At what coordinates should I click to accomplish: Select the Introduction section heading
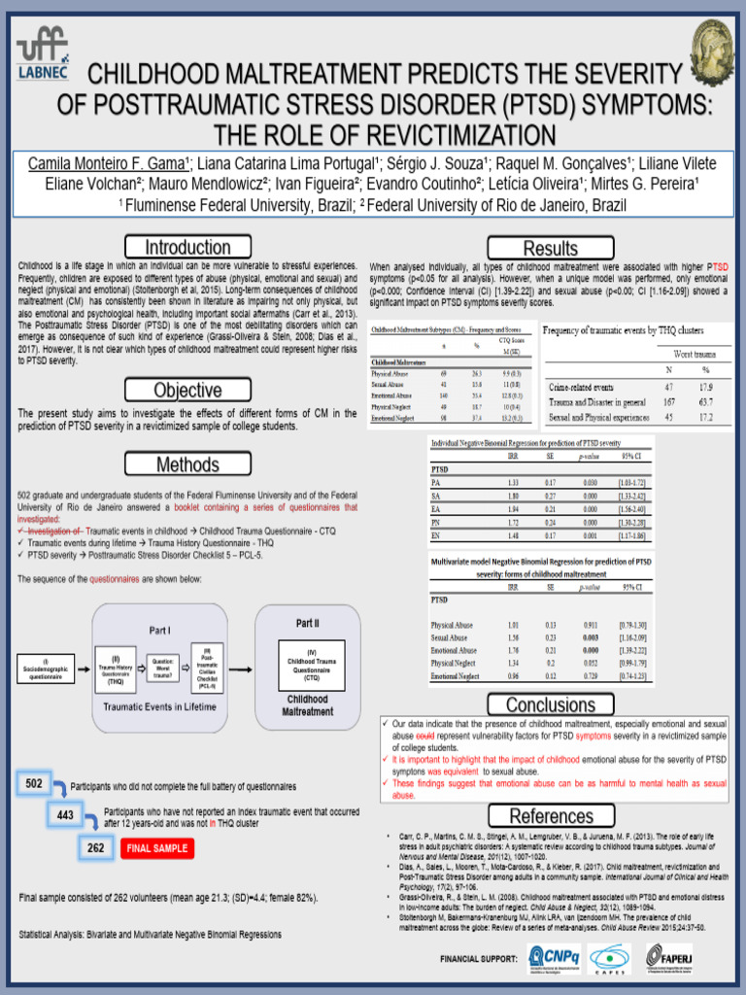(187, 247)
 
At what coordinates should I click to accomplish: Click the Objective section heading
(187, 391)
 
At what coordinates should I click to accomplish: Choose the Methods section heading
(187, 464)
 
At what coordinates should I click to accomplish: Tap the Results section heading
(550, 248)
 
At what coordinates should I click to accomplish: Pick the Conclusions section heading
(550, 704)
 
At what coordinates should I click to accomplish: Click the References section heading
(550, 816)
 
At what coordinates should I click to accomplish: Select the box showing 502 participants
(34, 783)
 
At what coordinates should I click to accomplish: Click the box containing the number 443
(65, 815)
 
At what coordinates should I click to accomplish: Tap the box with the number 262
(96, 848)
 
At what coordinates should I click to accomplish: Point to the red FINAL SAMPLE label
(155, 849)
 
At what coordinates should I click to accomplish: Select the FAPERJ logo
(663, 957)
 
